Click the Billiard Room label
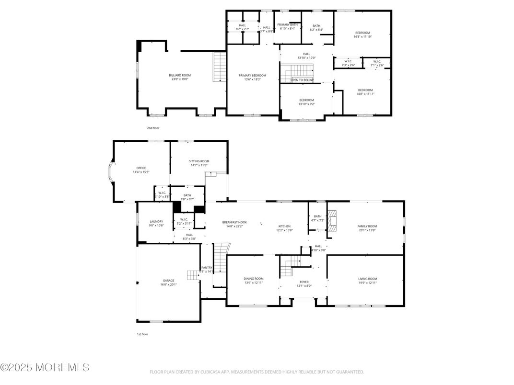[180, 76]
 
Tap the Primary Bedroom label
[252, 76]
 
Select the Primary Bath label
[287, 24]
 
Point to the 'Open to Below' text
[302, 80]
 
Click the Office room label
[141, 168]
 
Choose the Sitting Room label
[199, 161]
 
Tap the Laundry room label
[156, 222]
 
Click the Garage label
[168, 281]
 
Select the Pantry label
[207, 268]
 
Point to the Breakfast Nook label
[234, 222]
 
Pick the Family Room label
[367, 226]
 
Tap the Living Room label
[367, 279]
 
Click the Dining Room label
[254, 279]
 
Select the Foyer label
[304, 282]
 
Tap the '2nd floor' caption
[153, 128]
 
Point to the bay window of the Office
[111, 171]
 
